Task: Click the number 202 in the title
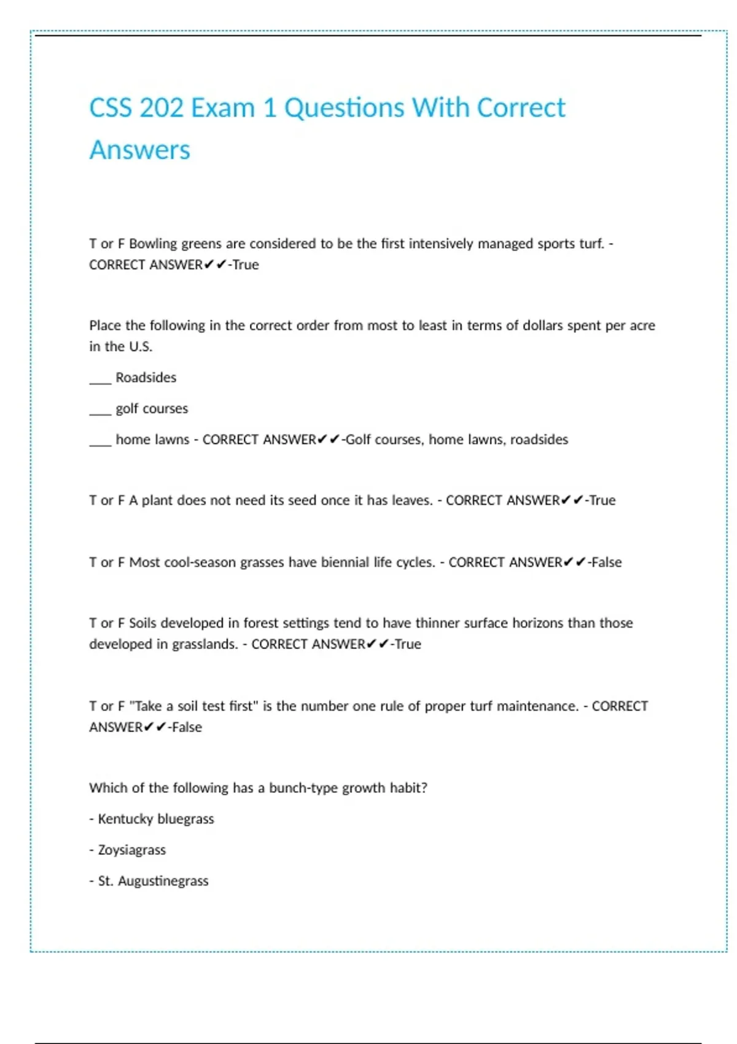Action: click(x=162, y=108)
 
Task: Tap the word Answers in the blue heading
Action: click(x=140, y=150)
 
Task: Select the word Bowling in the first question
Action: click(x=153, y=244)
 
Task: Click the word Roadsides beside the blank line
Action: click(x=146, y=378)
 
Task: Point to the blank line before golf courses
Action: click(x=100, y=412)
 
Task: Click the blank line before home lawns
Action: click(x=100, y=443)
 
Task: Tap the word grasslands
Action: click(x=205, y=644)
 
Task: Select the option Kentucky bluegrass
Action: click(x=156, y=819)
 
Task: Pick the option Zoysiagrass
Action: click(x=132, y=851)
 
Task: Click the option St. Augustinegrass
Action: click(x=154, y=881)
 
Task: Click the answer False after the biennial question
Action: click(x=606, y=563)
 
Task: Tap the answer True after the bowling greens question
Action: click(x=246, y=265)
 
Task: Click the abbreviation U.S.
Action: click(x=141, y=347)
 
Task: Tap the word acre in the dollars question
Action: click(x=642, y=325)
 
